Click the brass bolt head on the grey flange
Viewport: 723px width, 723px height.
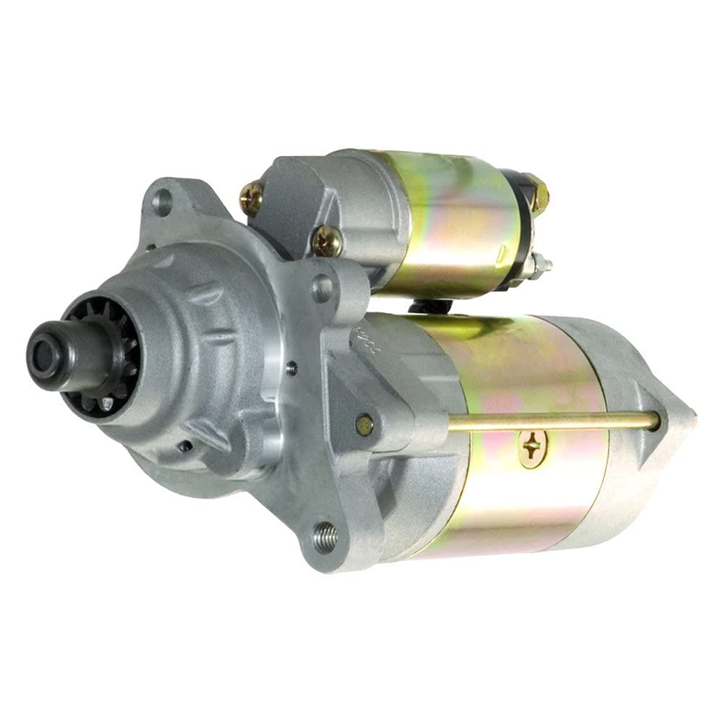click(366, 422)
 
